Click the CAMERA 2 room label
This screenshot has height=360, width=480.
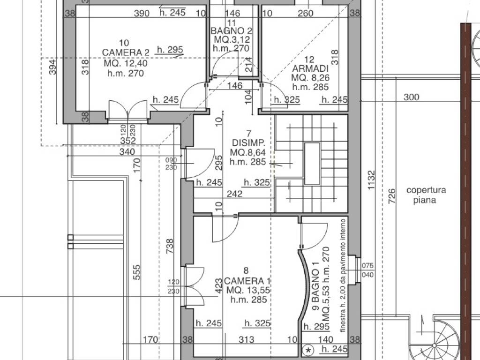126,52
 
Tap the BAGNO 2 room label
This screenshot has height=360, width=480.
232,31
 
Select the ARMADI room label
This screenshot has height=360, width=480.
310,68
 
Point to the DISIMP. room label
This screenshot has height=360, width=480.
248,143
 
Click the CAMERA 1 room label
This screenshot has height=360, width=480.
247,281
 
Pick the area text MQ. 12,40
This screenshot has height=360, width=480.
126,63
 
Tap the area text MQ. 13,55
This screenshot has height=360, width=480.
248,290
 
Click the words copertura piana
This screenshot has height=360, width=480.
426,195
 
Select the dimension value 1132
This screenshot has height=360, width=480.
371,180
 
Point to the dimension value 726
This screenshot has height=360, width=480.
392,196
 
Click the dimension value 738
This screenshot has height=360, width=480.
169,246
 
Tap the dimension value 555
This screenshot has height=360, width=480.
137,272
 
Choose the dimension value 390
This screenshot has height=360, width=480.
142,14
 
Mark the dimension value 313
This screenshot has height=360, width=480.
247,339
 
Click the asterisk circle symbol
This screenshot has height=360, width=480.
308,350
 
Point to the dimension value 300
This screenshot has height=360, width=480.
411,97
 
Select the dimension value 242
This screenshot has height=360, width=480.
234,194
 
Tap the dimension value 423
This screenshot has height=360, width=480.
218,285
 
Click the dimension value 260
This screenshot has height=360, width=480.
306,14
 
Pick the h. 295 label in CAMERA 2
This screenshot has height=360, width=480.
170,50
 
